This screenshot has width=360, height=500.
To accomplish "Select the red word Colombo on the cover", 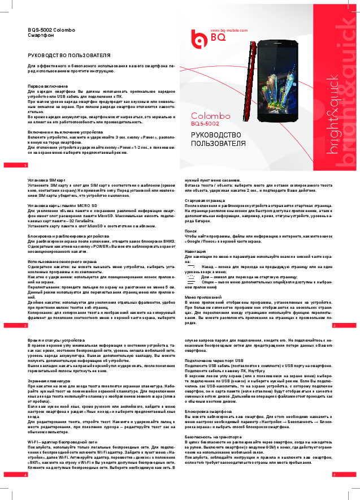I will [207, 115].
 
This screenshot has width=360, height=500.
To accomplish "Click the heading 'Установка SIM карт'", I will [46, 179].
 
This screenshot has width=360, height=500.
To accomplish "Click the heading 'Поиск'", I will [191, 231].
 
